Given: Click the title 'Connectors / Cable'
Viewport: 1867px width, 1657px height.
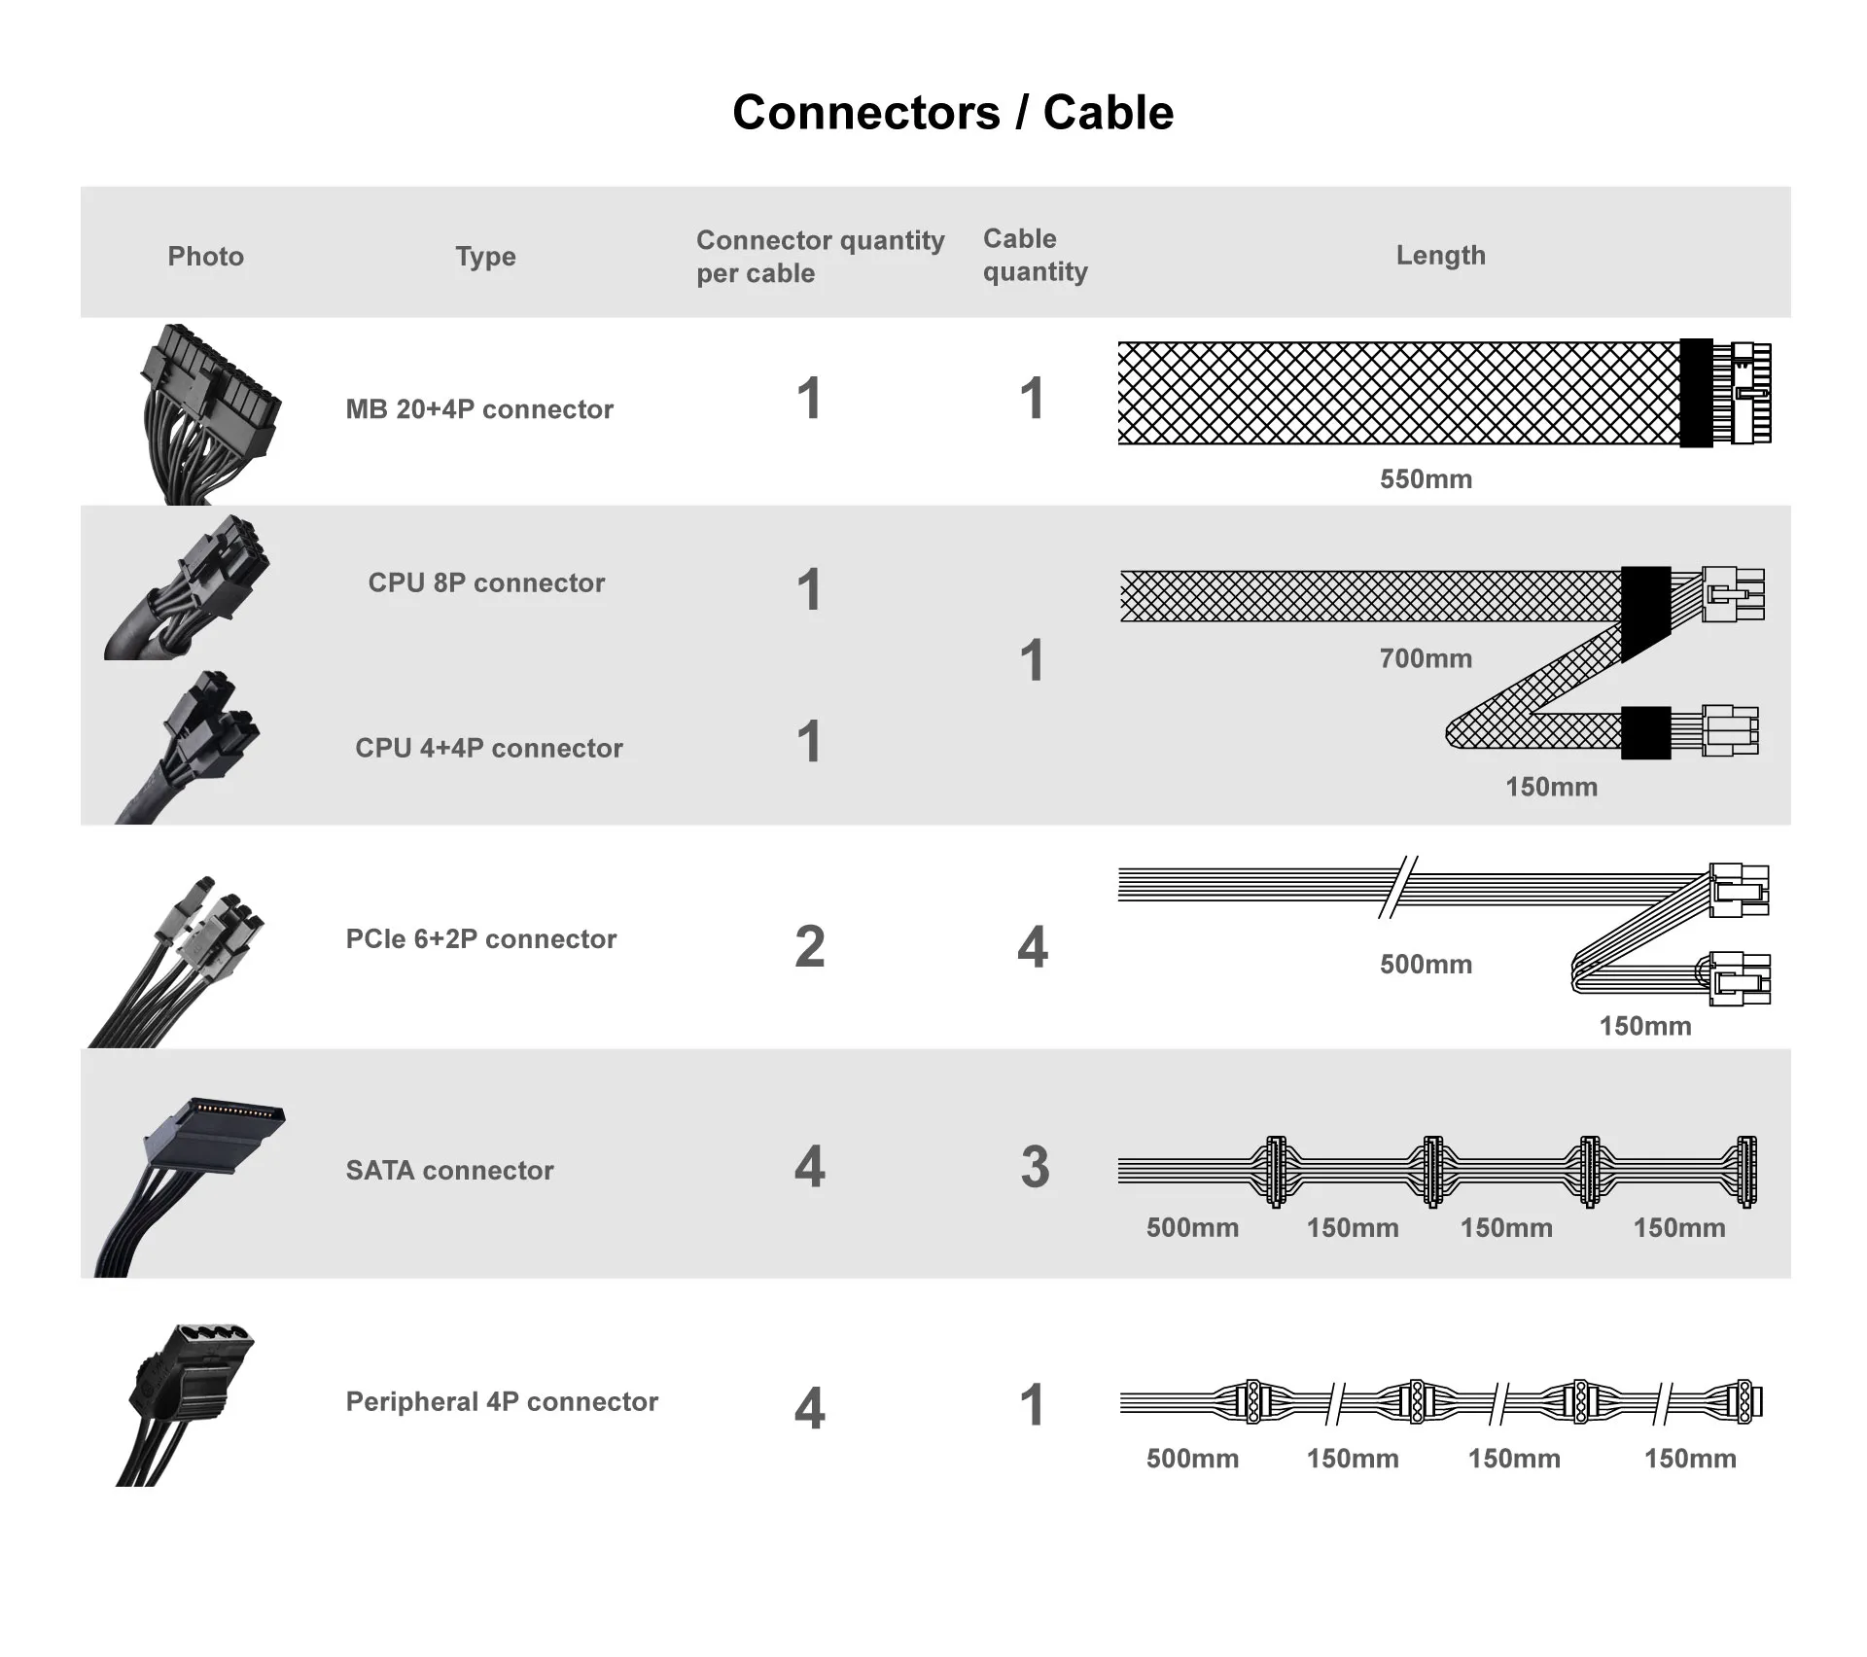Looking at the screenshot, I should (x=952, y=113).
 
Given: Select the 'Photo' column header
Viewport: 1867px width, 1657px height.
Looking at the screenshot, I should (x=205, y=256).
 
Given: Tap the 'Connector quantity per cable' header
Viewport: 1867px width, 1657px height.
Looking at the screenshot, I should (x=820, y=256).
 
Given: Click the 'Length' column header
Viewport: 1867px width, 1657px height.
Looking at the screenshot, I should (x=1440, y=255).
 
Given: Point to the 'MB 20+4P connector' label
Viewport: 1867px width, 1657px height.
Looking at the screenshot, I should (x=479, y=409).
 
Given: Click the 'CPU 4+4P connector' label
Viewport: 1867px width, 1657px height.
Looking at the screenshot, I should (x=488, y=748).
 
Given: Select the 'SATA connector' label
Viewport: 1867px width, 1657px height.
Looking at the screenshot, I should (x=449, y=1170).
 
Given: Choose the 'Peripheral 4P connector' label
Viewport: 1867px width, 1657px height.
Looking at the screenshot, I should (x=502, y=1401).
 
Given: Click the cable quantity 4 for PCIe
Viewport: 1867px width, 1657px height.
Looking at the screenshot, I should (x=1033, y=947).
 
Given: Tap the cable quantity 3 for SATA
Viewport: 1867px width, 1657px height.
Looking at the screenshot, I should (x=1035, y=1167).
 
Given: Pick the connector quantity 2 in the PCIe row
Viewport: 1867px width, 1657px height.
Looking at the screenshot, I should (x=809, y=947).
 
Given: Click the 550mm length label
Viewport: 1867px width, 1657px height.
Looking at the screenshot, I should (x=1426, y=478).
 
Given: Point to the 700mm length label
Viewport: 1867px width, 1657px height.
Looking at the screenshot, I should (x=1426, y=658).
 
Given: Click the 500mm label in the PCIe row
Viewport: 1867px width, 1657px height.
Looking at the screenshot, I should (x=1426, y=965).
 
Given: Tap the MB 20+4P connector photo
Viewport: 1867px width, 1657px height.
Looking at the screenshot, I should (x=207, y=413).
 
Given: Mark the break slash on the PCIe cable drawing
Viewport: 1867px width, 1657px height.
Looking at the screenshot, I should (x=1397, y=887).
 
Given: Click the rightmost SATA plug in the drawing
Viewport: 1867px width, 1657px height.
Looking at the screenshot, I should (x=1745, y=1171).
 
